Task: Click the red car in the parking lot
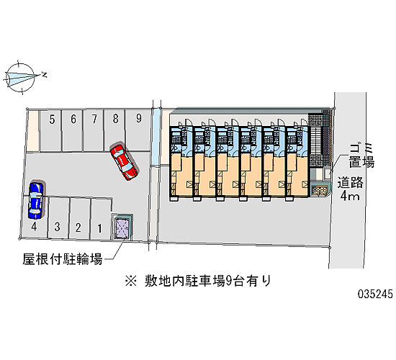click(x=124, y=162)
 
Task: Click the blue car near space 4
click(x=35, y=200)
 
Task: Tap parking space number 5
click(x=51, y=130)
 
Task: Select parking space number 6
click(x=73, y=130)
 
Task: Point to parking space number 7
click(x=94, y=130)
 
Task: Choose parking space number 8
click(x=115, y=130)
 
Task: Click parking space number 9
click(x=138, y=130)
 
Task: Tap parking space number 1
click(x=101, y=219)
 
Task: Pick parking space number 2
click(x=79, y=218)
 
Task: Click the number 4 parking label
click(x=34, y=227)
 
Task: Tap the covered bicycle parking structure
click(x=122, y=227)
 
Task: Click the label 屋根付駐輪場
click(x=63, y=259)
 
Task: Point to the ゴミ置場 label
click(x=361, y=156)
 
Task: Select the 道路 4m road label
click(x=351, y=189)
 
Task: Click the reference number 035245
click(x=375, y=294)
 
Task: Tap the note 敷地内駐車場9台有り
click(x=207, y=281)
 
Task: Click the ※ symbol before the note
click(x=131, y=281)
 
